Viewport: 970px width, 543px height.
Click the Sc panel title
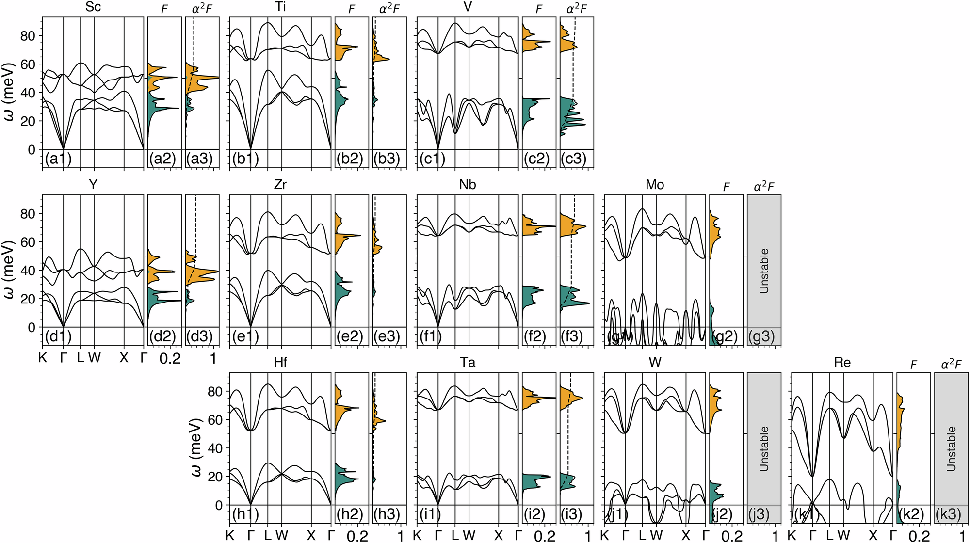pyautogui.click(x=93, y=7)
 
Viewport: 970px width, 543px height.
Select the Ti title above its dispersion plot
pyautogui.click(x=280, y=7)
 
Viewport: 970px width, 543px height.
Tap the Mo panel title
pyautogui.click(x=655, y=185)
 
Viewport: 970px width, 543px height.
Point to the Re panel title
pyautogui.click(x=842, y=363)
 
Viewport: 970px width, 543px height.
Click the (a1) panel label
pyautogui.click(x=58, y=159)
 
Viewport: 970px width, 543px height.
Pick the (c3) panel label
pyautogui.click(x=573, y=159)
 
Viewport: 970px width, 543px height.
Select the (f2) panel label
pyautogui.click(x=535, y=336)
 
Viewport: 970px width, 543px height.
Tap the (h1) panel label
pyautogui.click(x=245, y=514)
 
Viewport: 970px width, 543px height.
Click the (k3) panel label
pyautogui.click(x=948, y=514)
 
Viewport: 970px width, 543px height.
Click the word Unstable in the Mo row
pyautogui.click(x=764, y=271)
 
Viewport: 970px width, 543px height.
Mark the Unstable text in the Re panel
pyautogui.click(x=951, y=449)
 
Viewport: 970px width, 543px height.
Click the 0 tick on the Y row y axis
pyautogui.click(x=32, y=327)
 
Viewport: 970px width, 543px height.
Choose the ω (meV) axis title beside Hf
pyautogui.click(x=197, y=447)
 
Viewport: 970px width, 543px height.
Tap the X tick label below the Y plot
pyautogui.click(x=124, y=358)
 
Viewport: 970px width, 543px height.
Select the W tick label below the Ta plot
pyautogui.click(x=469, y=536)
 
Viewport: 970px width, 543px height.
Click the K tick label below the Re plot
pyautogui.click(x=792, y=536)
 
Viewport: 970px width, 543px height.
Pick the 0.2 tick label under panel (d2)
pyautogui.click(x=170, y=358)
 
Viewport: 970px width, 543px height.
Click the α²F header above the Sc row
pyautogui.click(x=202, y=9)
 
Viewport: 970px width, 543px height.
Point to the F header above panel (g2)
pyautogui.click(x=726, y=187)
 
